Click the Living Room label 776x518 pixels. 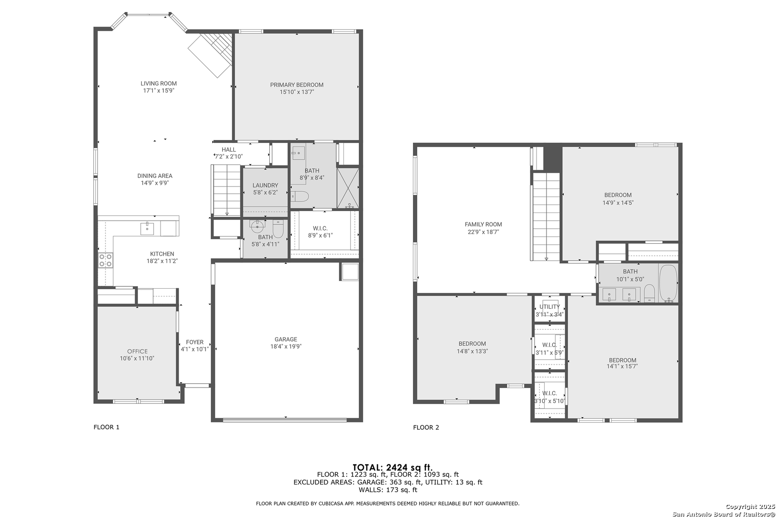pos(159,83)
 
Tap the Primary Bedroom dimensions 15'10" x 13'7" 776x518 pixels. pos(297,92)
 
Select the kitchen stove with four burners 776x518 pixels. pos(106,260)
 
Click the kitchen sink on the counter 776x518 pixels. pos(147,229)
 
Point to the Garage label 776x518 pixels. pos(286,339)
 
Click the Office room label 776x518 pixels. pos(137,351)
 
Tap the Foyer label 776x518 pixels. pos(194,342)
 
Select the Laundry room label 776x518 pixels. pos(265,185)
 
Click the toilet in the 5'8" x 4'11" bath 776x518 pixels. pos(278,229)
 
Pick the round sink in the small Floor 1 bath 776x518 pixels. pos(257,226)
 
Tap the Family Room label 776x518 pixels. pos(483,224)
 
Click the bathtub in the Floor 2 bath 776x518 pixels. pos(668,283)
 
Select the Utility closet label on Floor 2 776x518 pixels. pos(549,306)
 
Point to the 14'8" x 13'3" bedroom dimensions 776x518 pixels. pos(472,351)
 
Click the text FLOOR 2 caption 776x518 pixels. pos(426,427)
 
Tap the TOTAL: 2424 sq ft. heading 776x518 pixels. pos(392,467)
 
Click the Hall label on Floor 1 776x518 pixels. pos(228,150)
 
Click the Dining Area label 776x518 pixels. pos(155,176)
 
